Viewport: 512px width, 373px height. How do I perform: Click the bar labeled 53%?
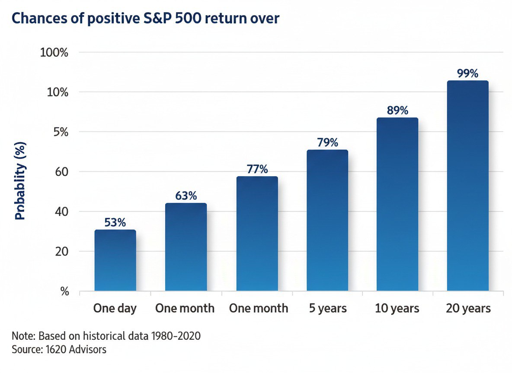tap(115, 260)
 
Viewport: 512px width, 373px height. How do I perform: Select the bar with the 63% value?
tap(186, 247)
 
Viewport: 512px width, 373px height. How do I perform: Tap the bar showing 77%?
tap(257, 234)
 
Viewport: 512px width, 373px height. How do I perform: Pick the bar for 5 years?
tap(327, 220)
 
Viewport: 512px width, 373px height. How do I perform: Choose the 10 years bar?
tap(397, 204)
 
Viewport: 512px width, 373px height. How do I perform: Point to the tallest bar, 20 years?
tap(468, 186)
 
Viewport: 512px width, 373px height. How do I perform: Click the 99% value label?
tap(467, 73)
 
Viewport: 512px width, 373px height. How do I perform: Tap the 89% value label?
tap(397, 111)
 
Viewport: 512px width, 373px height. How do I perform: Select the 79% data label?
tap(327, 142)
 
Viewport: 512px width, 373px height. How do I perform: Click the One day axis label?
tap(115, 308)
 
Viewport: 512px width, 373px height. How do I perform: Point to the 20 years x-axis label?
tap(468, 308)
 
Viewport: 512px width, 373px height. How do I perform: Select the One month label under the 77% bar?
tap(259, 308)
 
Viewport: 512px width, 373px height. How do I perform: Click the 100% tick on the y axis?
tap(54, 53)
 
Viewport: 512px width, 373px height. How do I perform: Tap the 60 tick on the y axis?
tap(62, 172)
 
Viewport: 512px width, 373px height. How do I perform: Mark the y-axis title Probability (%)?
tap(20, 181)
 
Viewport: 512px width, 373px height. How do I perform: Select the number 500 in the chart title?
tap(186, 18)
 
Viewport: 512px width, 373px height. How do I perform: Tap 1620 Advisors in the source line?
tap(76, 350)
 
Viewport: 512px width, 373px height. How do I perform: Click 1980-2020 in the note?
tap(176, 336)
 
